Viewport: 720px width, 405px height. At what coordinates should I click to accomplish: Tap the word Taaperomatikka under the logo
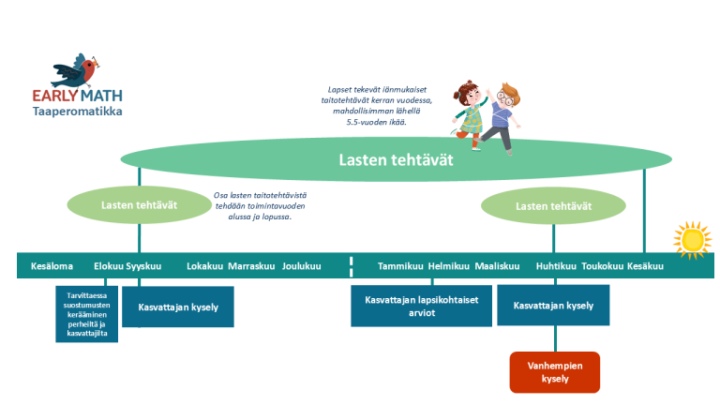point(77,112)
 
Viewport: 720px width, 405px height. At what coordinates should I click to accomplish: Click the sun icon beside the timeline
point(693,240)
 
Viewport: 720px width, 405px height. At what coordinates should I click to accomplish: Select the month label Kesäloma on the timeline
point(52,266)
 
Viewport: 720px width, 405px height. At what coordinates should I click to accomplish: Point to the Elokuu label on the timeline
point(109,266)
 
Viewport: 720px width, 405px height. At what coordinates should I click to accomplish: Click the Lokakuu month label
point(204,266)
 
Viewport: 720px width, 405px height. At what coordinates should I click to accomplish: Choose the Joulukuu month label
point(301,266)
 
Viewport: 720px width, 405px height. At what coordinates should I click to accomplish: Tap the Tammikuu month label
point(400,266)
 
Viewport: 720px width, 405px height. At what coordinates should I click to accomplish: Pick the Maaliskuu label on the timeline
point(497,266)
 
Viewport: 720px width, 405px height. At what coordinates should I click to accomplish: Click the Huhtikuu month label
point(555,266)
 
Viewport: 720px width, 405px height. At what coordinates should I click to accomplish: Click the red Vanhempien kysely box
point(554,371)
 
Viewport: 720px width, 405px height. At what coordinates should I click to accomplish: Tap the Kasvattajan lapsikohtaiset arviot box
point(421,307)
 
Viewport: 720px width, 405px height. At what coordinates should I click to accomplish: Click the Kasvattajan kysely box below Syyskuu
point(177,307)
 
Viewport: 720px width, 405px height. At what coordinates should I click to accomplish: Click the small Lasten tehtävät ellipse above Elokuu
point(139,205)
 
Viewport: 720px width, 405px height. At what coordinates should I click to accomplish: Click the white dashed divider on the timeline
point(351,265)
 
